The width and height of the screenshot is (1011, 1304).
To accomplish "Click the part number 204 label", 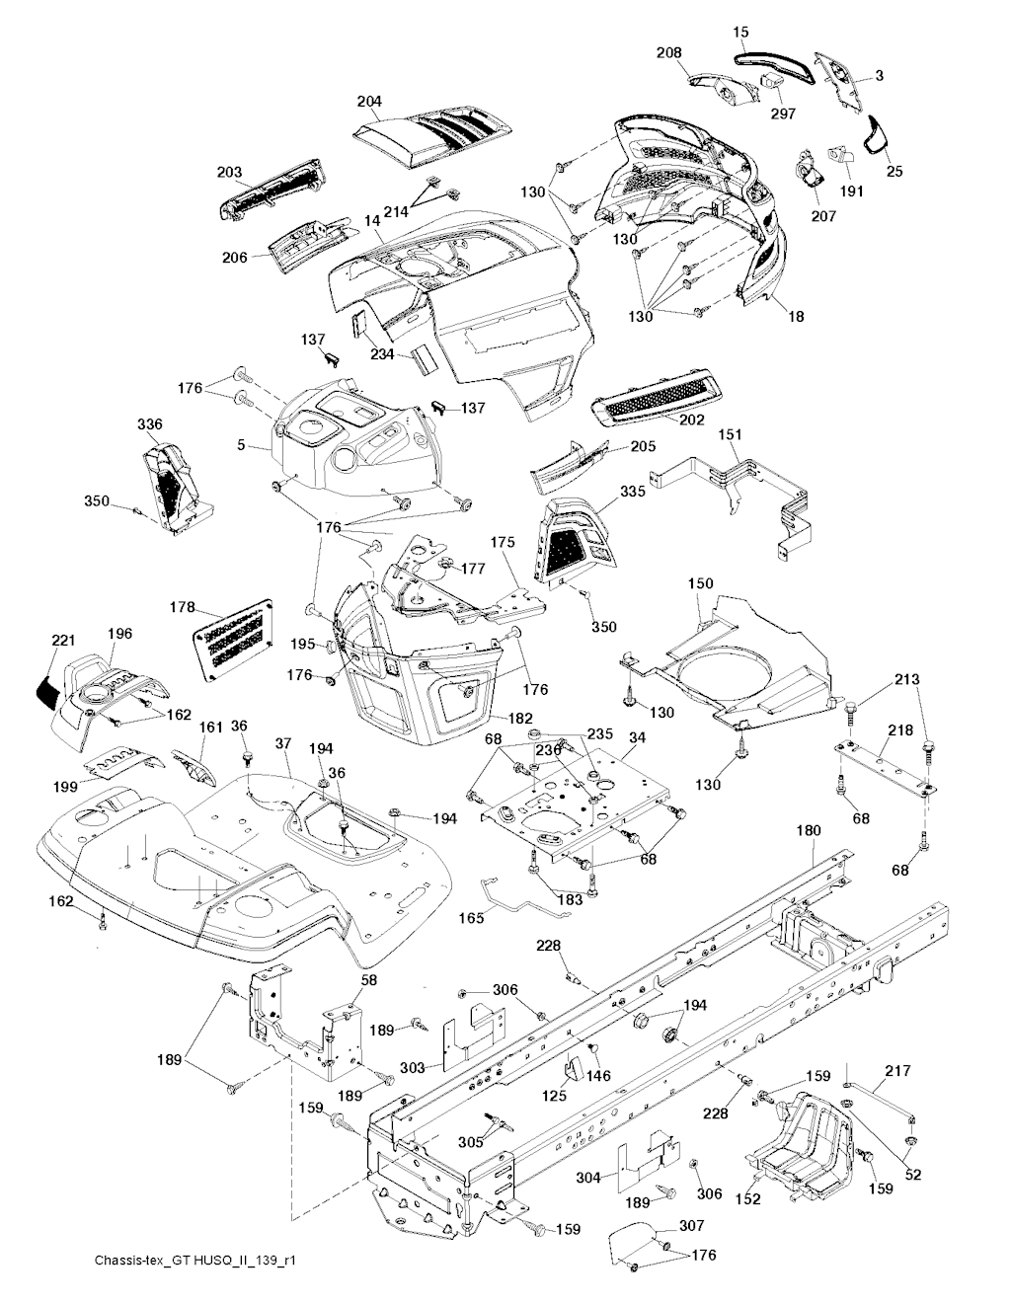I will click(x=370, y=102).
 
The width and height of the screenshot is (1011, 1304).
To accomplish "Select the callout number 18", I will click(x=796, y=317).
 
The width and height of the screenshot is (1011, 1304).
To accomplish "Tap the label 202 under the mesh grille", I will click(x=691, y=420).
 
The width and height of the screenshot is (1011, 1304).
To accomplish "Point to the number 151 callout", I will click(x=731, y=434).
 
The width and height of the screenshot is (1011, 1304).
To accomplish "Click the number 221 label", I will click(x=63, y=642).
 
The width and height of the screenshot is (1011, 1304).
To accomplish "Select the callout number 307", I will click(x=691, y=1227).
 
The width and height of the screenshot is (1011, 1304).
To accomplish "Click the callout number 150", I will click(x=700, y=584).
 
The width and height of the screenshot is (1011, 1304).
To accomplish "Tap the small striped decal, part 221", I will click(x=48, y=683).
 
